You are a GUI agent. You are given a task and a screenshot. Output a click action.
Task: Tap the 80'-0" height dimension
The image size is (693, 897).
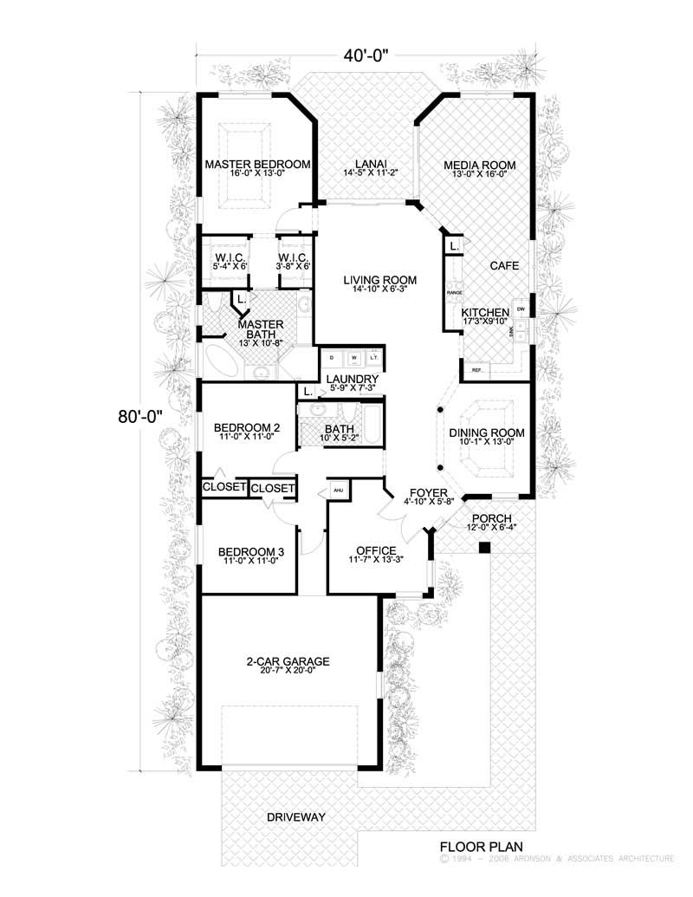[141, 416]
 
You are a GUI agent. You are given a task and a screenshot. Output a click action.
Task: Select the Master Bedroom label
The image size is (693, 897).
[257, 164]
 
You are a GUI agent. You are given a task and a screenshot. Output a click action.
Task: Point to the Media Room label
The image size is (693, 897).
[479, 164]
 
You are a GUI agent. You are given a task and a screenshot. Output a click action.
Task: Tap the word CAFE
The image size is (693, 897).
[503, 266]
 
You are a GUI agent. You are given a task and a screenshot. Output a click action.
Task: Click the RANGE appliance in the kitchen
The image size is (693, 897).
[454, 293]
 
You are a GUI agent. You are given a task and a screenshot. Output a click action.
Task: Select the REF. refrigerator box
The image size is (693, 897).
[476, 370]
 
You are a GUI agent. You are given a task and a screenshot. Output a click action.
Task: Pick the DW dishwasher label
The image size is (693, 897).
[521, 309]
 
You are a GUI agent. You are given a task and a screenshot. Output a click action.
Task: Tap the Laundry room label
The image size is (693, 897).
[351, 379]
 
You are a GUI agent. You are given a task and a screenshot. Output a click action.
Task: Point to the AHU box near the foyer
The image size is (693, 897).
[338, 490]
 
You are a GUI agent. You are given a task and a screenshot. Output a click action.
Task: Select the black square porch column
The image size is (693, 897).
[485, 548]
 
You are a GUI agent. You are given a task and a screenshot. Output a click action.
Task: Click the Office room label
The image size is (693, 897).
[376, 550]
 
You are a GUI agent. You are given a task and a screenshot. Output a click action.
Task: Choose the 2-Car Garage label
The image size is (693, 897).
[287, 660]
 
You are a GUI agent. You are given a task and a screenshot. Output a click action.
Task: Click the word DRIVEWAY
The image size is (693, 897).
[295, 817]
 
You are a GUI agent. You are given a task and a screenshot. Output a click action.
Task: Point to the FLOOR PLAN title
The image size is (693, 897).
[477, 845]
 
